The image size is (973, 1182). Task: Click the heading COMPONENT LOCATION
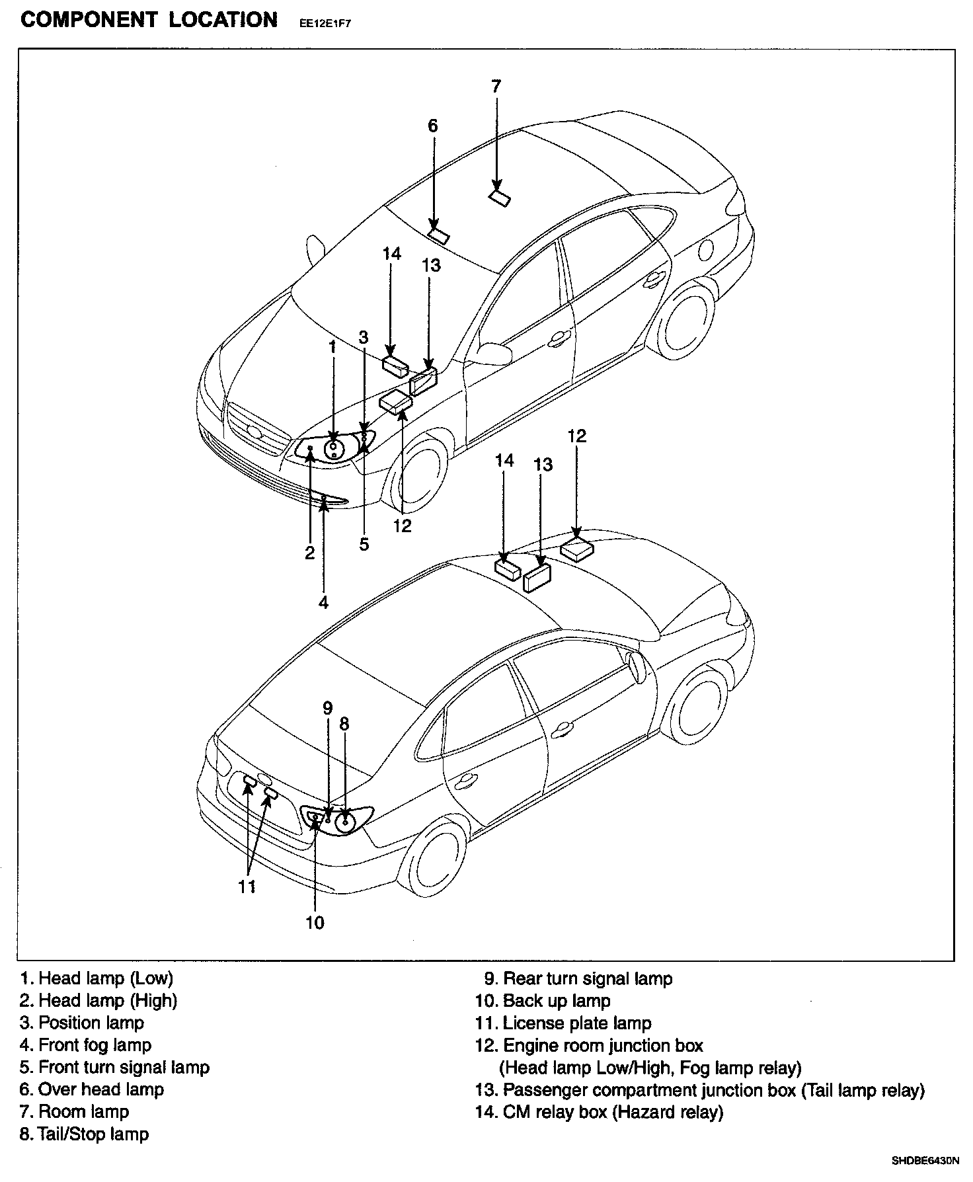pyautogui.click(x=149, y=20)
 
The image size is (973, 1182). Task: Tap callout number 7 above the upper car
pyautogui.click(x=496, y=86)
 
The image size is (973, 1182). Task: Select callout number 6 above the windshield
pyautogui.click(x=432, y=126)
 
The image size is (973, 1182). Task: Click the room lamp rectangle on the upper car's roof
pyautogui.click(x=500, y=198)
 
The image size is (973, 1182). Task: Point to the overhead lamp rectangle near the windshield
pyautogui.click(x=438, y=235)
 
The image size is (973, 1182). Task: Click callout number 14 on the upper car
pyautogui.click(x=391, y=254)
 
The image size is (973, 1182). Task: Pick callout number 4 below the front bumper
pyautogui.click(x=323, y=602)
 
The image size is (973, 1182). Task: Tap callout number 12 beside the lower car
pyautogui.click(x=576, y=436)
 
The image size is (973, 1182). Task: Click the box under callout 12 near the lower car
pyautogui.click(x=576, y=549)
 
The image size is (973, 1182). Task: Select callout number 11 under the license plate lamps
pyautogui.click(x=247, y=887)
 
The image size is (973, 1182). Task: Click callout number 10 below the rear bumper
pyautogui.click(x=315, y=922)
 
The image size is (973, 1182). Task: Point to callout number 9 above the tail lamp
pyautogui.click(x=327, y=708)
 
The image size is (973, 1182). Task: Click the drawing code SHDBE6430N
pyautogui.click(x=925, y=1160)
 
